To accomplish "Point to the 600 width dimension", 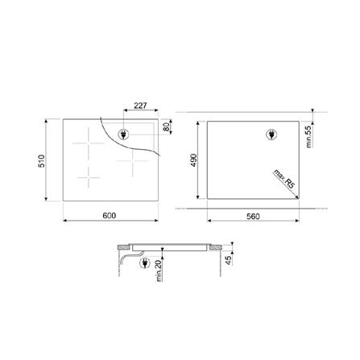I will point(110,216).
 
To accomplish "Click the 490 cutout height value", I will point(194,160).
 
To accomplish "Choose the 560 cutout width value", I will point(252,216).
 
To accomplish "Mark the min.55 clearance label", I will point(308,134).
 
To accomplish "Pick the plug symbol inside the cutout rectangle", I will point(271,135).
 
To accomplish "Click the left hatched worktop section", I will point(124,245).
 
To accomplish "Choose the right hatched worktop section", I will point(218,245).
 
